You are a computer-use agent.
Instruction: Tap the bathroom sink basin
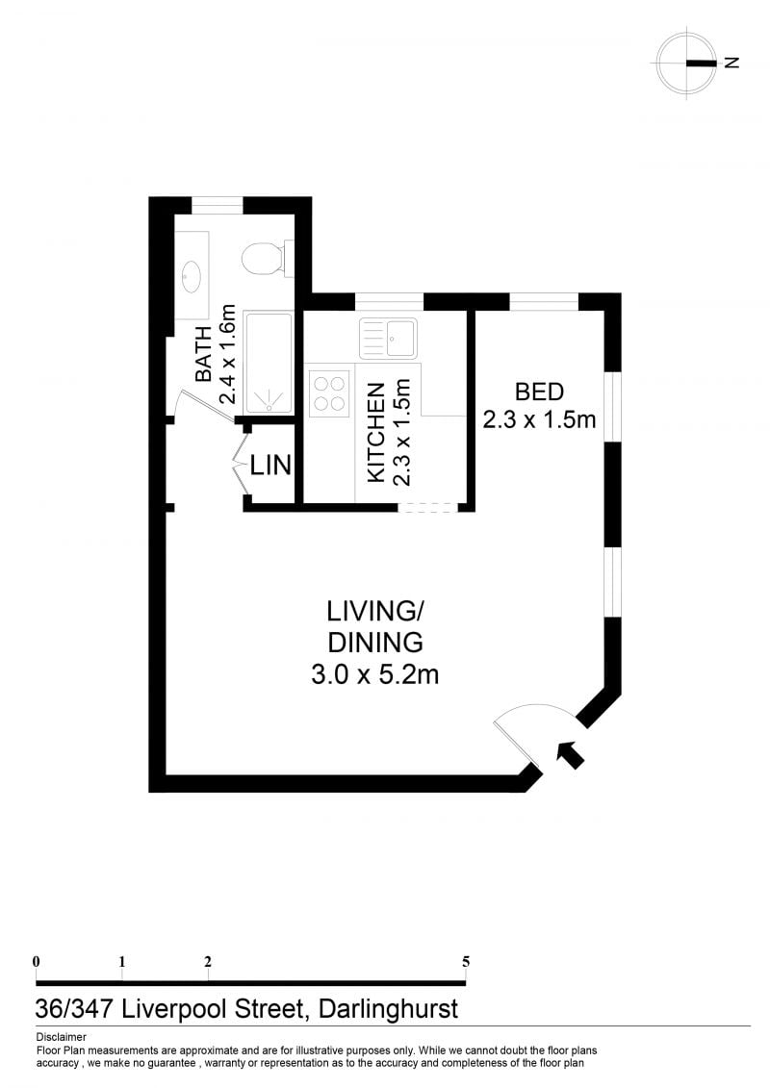192,277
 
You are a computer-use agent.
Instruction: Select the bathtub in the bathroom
268,363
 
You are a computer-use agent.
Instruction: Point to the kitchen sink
388,339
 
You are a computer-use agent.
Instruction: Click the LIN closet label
270,465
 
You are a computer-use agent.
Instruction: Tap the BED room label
540,392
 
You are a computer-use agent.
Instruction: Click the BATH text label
203,355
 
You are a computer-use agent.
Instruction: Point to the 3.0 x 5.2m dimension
375,674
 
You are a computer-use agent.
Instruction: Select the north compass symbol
687,63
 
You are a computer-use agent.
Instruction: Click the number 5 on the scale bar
466,962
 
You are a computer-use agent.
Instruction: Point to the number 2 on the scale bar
208,962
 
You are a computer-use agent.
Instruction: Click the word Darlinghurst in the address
388,1009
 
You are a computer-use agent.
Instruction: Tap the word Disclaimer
61,1037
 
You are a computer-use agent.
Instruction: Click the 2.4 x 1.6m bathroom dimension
228,355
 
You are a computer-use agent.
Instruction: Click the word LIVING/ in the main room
375,611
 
